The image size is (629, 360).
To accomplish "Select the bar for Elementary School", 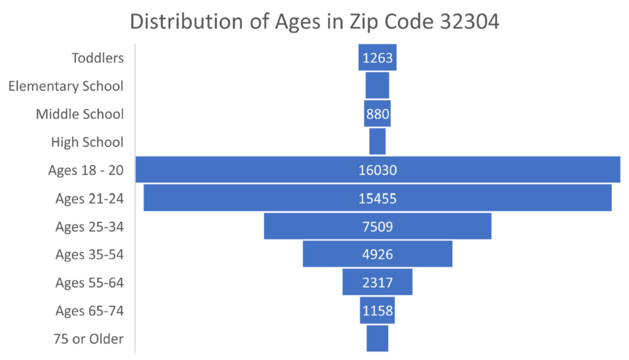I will [x=377, y=85].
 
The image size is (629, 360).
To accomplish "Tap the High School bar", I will [x=377, y=141].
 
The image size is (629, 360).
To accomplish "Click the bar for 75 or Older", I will [x=377, y=338].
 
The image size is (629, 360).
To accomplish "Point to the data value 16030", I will [x=378, y=170].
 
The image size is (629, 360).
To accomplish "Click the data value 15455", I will [x=378, y=198].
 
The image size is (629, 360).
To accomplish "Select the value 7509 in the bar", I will [x=378, y=227].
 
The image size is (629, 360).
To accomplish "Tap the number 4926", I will [x=378, y=254].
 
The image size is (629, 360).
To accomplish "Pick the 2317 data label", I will [x=378, y=283].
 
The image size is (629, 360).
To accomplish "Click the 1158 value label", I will [x=378, y=311].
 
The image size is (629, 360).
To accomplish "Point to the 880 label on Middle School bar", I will [x=378, y=114].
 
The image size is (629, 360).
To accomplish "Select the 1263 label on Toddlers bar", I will [x=378, y=58].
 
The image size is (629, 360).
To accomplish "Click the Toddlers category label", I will [x=98, y=58].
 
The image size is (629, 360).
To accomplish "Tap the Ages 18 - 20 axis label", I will [x=86, y=170].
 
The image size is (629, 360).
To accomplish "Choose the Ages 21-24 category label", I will [x=89, y=198].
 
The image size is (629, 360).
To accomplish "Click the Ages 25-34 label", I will [x=89, y=227].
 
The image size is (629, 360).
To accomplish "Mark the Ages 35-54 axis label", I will [x=89, y=254].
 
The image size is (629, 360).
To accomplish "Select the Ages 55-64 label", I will [x=89, y=283].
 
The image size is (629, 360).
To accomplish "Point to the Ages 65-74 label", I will [x=89, y=311].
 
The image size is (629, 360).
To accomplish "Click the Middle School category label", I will [x=80, y=114].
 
